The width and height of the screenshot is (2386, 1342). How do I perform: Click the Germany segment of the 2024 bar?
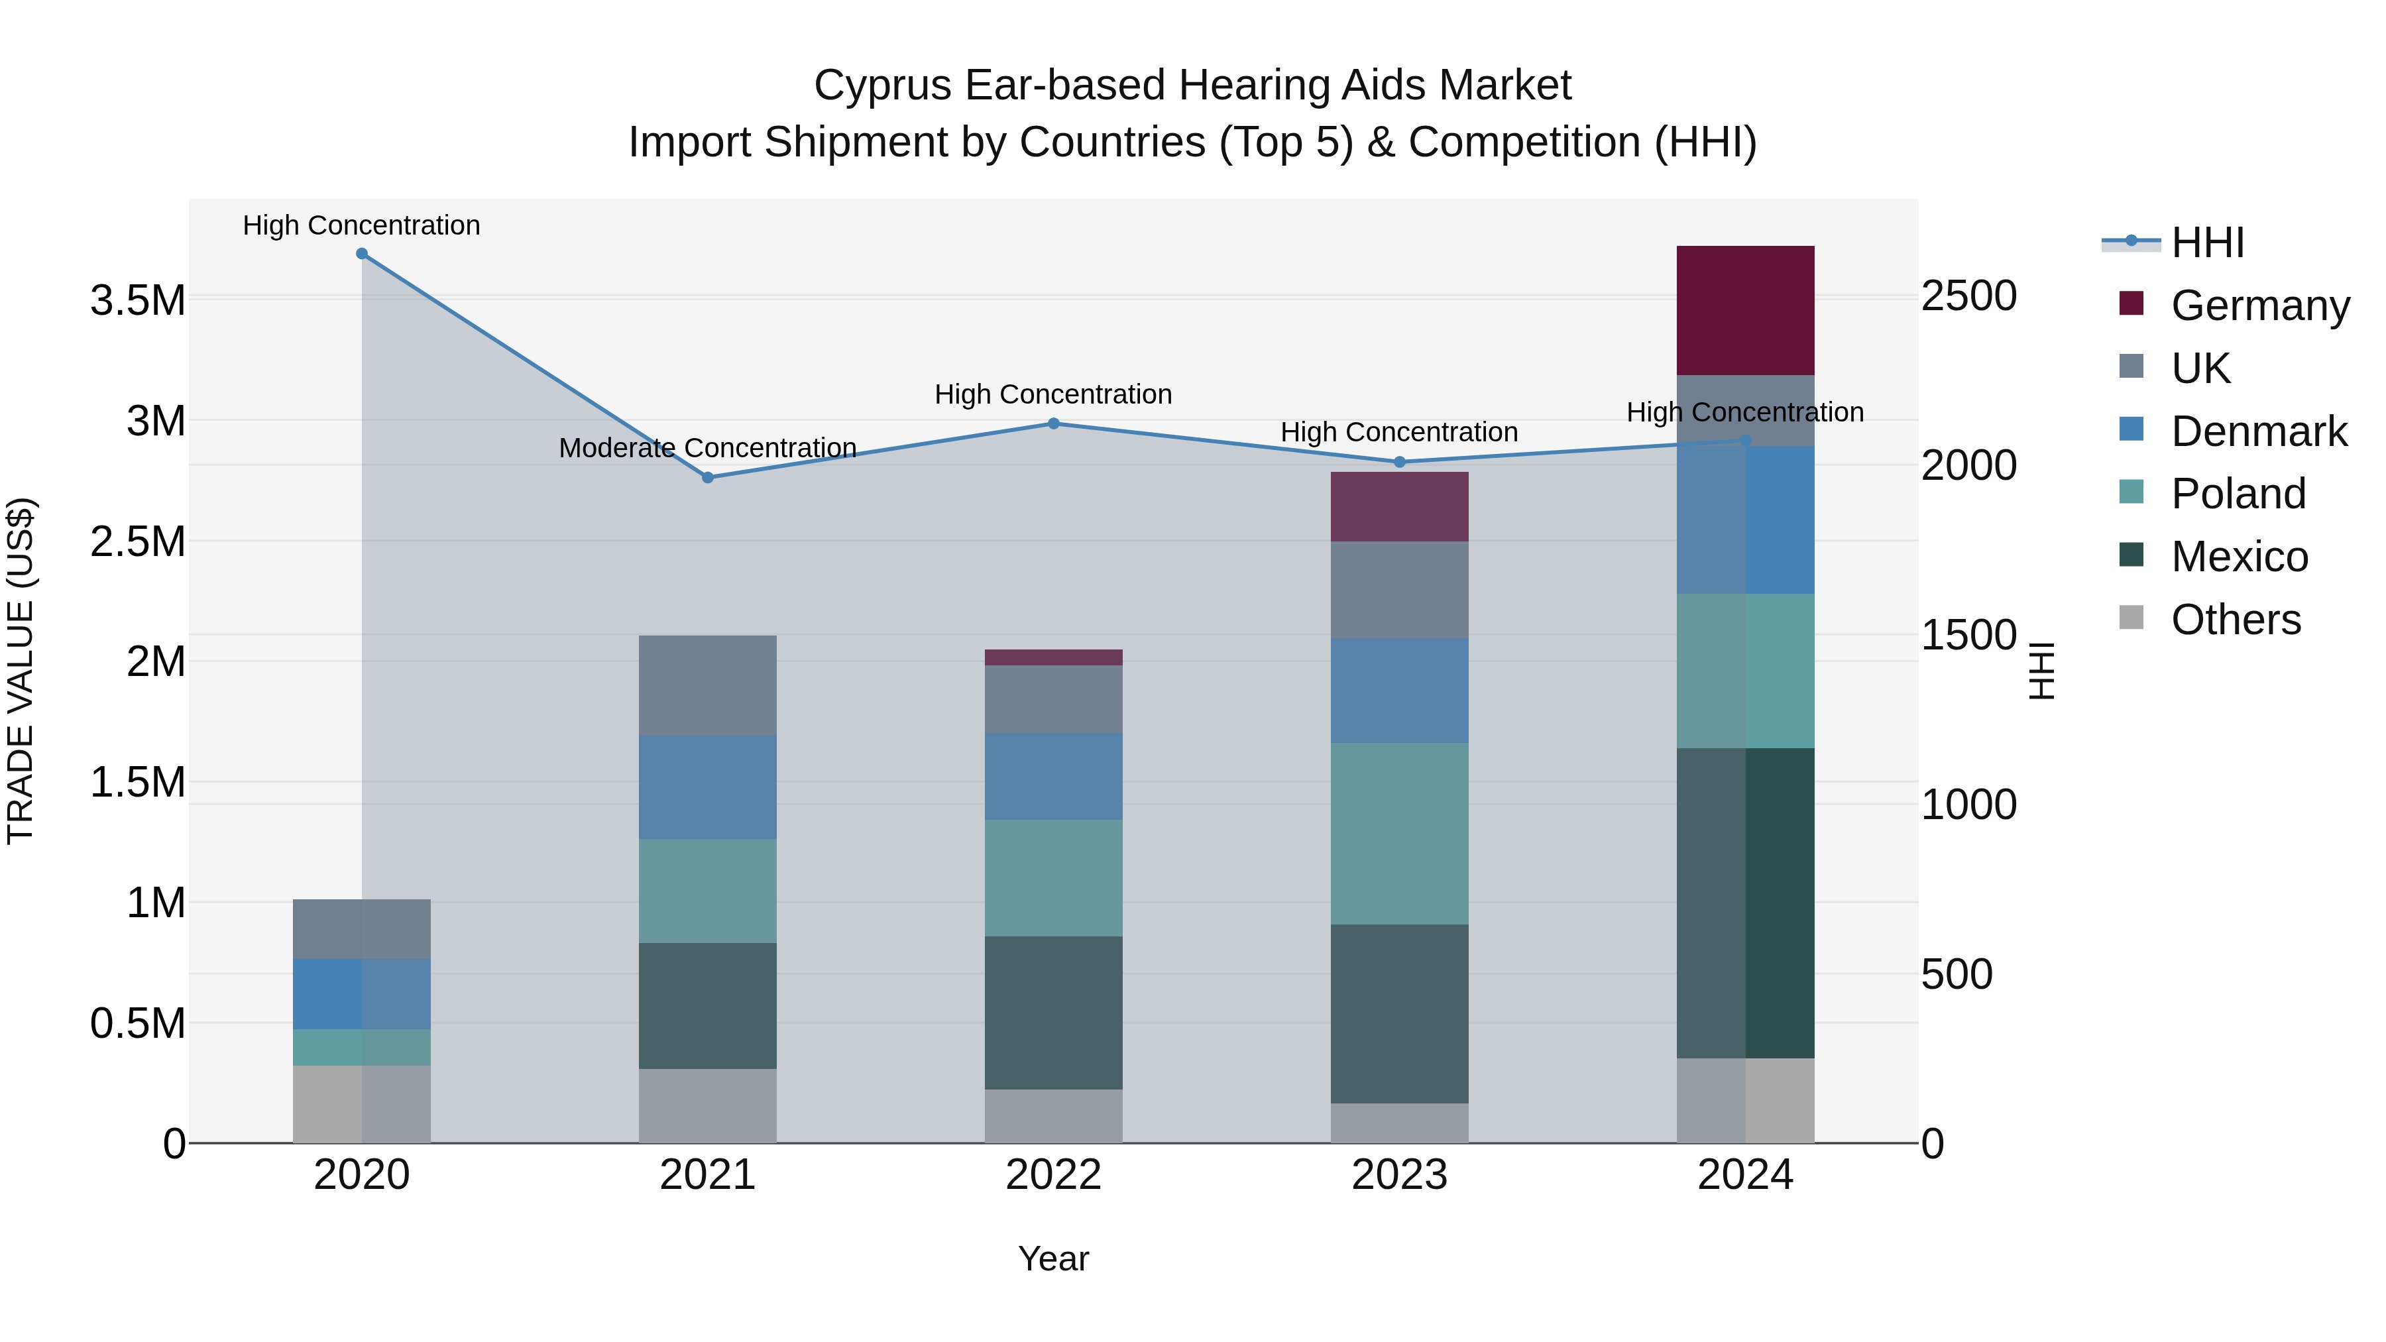click(x=1745, y=310)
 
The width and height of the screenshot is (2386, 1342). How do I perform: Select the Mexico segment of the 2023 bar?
click(x=1398, y=1013)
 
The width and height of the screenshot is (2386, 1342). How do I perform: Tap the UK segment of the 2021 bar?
click(x=708, y=685)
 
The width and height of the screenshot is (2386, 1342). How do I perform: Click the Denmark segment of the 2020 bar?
click(x=361, y=994)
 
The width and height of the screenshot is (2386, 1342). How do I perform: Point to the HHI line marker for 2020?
click(x=362, y=254)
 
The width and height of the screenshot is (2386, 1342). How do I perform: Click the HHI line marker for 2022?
click(x=1053, y=424)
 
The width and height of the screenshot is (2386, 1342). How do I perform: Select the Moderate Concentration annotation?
click(x=708, y=448)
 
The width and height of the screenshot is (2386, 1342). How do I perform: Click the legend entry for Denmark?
click(x=2257, y=431)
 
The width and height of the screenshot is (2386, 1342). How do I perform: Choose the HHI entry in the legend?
click(x=2206, y=243)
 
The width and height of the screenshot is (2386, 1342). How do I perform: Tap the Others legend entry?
click(x=2234, y=620)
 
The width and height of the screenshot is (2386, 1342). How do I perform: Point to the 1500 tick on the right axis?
click(x=1968, y=636)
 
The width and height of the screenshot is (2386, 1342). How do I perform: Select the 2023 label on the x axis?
click(x=1398, y=1175)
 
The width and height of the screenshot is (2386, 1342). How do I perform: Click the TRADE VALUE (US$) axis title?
click(x=21, y=671)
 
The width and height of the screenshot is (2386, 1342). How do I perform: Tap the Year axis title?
click(x=1053, y=1258)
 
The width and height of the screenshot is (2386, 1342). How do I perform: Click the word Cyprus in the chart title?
click(x=883, y=85)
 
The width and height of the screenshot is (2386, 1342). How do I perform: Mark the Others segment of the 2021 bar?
click(x=708, y=1106)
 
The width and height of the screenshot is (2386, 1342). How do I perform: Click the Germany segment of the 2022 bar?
click(x=1053, y=657)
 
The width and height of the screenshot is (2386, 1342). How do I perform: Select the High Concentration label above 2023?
click(x=1398, y=433)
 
